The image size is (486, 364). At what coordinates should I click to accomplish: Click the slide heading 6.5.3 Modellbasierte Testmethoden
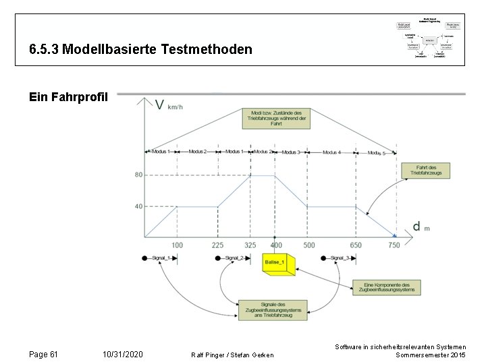(x=141, y=50)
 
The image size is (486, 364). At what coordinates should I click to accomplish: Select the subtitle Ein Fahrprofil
(x=68, y=97)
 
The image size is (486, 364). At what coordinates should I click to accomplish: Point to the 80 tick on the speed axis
(x=138, y=175)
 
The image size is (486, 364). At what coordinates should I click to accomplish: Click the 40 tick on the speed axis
(x=138, y=206)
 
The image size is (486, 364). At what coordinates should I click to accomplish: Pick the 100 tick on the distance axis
(x=177, y=245)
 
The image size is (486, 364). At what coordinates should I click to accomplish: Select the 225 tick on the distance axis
(x=217, y=245)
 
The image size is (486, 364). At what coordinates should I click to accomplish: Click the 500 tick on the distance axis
(x=308, y=245)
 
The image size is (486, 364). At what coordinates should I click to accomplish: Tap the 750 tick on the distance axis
(x=394, y=245)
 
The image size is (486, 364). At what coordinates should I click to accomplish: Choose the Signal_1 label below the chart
(x=159, y=258)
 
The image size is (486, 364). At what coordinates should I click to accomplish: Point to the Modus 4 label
(x=331, y=152)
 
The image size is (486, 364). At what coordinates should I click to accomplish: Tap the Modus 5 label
(x=376, y=153)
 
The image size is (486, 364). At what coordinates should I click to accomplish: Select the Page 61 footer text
(x=44, y=355)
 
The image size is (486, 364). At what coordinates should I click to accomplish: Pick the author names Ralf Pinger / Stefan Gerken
(x=233, y=355)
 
